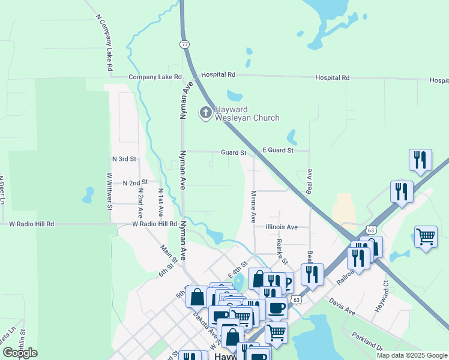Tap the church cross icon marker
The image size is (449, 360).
pyautogui.click(x=205, y=112)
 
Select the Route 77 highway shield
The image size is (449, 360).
pyautogui.click(x=184, y=44)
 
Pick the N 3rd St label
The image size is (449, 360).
pyautogui.click(x=125, y=159)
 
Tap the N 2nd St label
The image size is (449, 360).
pyautogui.click(x=135, y=182)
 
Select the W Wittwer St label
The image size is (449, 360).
pyautogui.click(x=110, y=191)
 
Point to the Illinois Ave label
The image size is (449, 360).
pyautogui.click(x=282, y=227)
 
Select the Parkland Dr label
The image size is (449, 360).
pyautogui.click(x=367, y=342)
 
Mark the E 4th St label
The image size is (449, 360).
pyautogui.click(x=237, y=269)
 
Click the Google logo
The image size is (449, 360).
pyautogui.click(x=20, y=353)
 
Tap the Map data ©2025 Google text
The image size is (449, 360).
pyautogui.click(x=411, y=355)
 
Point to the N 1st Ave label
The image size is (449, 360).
pyautogui.click(x=161, y=202)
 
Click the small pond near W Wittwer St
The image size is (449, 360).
pyautogui.click(x=88, y=194)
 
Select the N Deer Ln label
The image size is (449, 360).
pyautogui.click(x=2, y=191)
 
